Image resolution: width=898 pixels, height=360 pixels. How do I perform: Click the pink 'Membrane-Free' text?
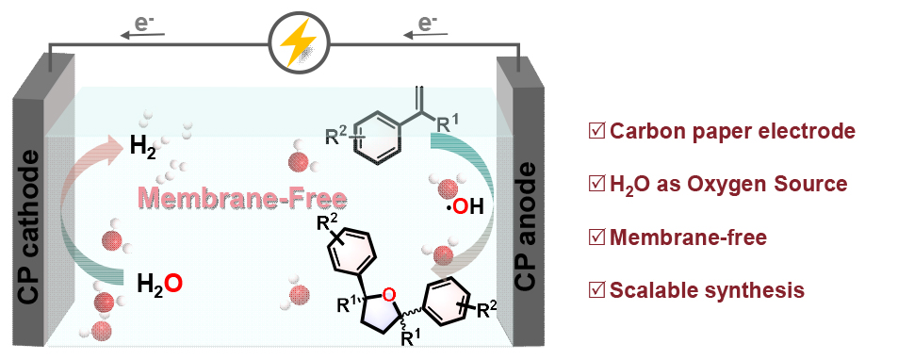point(240,199)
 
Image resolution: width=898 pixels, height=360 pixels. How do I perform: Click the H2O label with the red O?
point(160,284)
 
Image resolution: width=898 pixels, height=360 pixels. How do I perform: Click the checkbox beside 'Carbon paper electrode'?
point(596,132)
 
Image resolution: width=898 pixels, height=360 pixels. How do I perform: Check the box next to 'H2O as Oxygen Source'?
point(596,185)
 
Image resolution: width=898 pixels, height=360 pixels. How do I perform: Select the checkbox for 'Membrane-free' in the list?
point(596,237)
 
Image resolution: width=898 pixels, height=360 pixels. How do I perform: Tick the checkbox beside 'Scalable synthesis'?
point(596,290)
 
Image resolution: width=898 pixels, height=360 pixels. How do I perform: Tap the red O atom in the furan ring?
point(388,295)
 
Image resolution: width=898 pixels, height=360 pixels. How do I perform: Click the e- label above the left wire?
point(141,25)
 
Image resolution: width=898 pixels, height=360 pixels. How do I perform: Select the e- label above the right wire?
point(425,25)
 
